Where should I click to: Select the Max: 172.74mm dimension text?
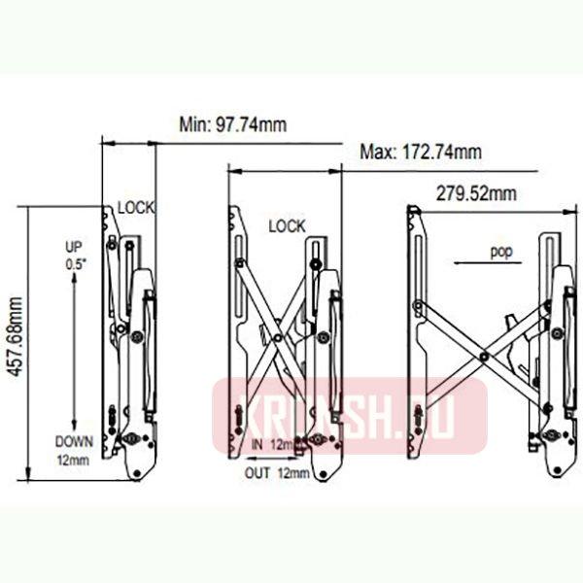(420, 153)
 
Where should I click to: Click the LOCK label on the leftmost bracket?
(137, 207)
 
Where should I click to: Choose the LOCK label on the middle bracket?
(287, 226)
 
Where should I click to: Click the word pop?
(500, 251)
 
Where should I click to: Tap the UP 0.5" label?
(74, 255)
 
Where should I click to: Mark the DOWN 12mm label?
(73, 449)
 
